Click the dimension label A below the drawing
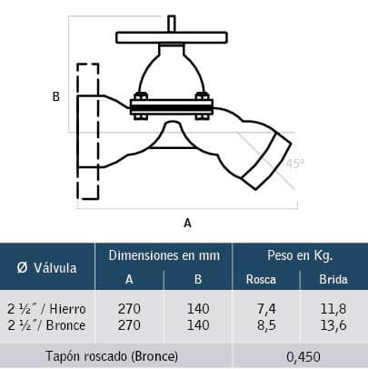187,223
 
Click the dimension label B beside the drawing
56,96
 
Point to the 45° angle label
295,164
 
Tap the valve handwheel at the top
172,37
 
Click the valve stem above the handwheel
172,24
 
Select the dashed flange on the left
88,131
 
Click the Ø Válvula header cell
47,268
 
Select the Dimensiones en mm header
164,255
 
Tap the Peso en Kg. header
300,255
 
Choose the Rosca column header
261,279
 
